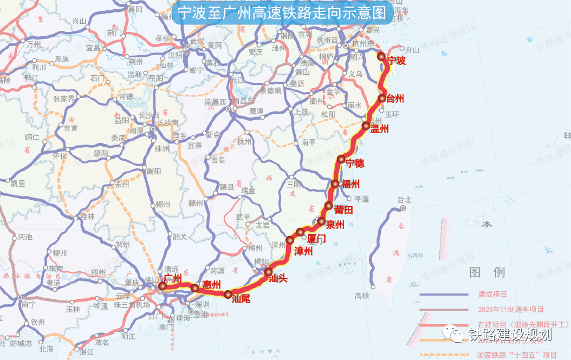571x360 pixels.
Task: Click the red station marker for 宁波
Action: coord(381,56)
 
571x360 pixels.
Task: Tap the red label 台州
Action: coord(396,99)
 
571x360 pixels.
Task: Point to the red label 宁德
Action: coord(355,163)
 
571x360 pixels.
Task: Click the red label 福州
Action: coord(351,184)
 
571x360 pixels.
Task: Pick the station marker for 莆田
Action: coord(329,205)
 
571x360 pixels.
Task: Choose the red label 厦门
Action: coord(316,238)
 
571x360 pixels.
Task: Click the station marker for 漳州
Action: coord(290,240)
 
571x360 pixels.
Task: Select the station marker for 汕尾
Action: coord(228,294)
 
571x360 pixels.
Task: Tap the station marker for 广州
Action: coord(163,286)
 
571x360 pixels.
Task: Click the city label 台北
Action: coord(404,200)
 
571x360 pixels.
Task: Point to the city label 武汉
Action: coord(197,42)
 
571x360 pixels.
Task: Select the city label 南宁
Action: coord(28,305)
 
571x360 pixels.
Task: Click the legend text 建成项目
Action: coord(492,294)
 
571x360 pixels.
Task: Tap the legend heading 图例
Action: coord(487,272)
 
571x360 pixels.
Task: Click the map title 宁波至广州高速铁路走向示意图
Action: coord(282,13)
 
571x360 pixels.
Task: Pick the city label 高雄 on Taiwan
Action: coord(362,296)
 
